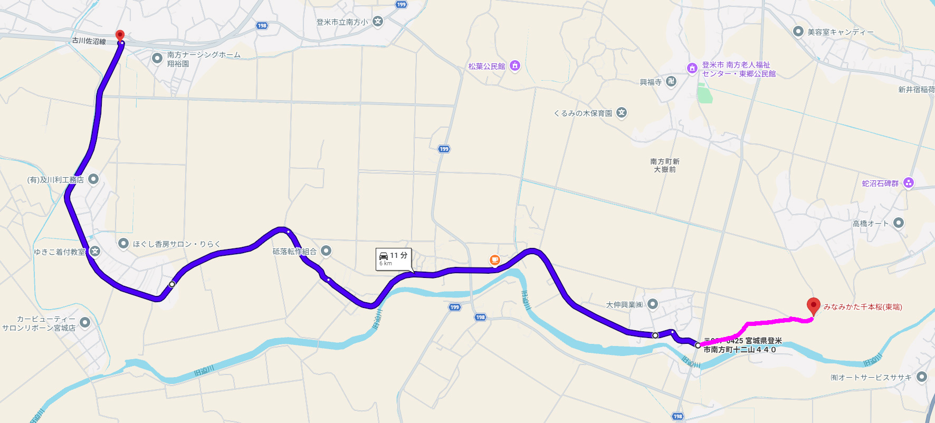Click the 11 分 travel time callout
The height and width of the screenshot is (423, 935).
394,259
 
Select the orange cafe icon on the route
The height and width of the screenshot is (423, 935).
494,259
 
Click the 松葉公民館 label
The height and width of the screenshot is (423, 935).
486,66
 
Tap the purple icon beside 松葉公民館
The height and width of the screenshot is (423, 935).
515,66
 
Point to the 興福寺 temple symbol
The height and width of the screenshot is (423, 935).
671,81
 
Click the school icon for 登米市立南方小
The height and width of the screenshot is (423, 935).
378,22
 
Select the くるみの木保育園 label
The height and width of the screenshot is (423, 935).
583,113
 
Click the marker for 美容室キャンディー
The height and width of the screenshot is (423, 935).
798,32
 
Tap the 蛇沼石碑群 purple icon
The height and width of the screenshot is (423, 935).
909,183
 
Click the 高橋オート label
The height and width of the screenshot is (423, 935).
871,224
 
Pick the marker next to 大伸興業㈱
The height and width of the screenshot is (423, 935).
653,304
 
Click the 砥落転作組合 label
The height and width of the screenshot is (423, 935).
294,252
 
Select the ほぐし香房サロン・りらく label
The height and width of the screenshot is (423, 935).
176,244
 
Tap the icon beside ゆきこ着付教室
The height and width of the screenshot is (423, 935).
95,251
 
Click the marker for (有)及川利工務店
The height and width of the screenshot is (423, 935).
93,179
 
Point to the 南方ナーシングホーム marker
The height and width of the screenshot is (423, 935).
157,59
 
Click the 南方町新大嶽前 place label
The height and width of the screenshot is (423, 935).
664,166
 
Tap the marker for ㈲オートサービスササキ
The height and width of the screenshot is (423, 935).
922,377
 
